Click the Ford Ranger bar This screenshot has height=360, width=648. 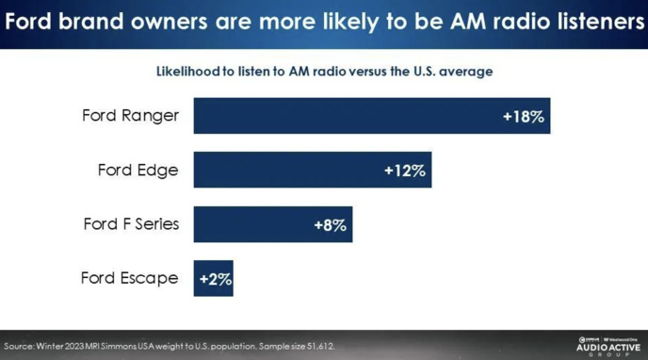pyautogui.click(x=371, y=116)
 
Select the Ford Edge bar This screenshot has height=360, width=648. pyautogui.click(x=312, y=171)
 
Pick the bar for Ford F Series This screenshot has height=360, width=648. pyautogui.click(x=272, y=225)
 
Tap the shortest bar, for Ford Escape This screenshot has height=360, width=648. pyautogui.click(x=213, y=279)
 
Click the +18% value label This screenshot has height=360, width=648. pyautogui.click(x=524, y=116)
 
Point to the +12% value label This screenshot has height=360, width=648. pyautogui.click(x=405, y=171)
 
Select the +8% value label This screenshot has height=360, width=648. pyautogui.click(x=330, y=225)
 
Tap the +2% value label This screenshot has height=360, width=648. pyautogui.click(x=215, y=279)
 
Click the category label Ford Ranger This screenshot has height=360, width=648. pyautogui.click(x=130, y=116)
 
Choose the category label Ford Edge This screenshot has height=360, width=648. pyautogui.click(x=138, y=171)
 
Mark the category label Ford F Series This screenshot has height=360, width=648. pyautogui.click(x=130, y=225)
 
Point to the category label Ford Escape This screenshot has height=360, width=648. pyautogui.click(x=129, y=279)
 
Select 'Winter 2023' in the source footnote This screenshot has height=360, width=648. pyautogui.click(x=63, y=346)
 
